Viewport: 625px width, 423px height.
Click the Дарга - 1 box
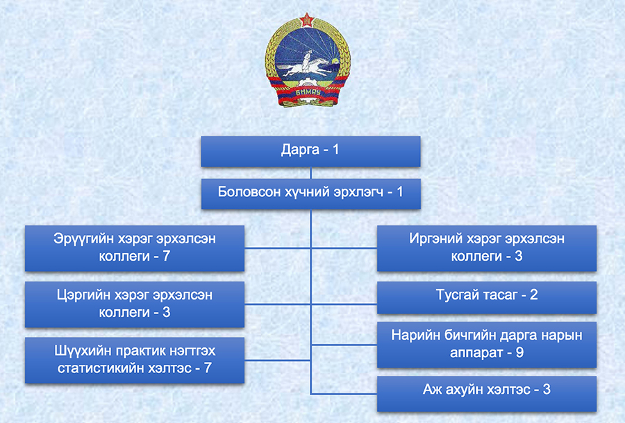(x=310, y=151)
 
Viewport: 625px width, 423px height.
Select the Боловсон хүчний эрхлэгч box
(x=310, y=193)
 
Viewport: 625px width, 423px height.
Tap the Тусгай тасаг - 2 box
(x=487, y=297)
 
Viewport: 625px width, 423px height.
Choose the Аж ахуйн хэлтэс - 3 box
(x=487, y=393)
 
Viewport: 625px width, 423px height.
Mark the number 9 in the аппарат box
(x=519, y=352)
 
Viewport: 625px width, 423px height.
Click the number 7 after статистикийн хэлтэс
(x=208, y=368)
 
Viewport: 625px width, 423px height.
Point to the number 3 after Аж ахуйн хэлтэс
(x=547, y=389)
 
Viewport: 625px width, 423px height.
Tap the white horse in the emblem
(x=306, y=67)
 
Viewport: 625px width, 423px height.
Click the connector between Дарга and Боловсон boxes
(x=310, y=173)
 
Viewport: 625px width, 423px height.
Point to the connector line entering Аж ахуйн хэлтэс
(x=344, y=394)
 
